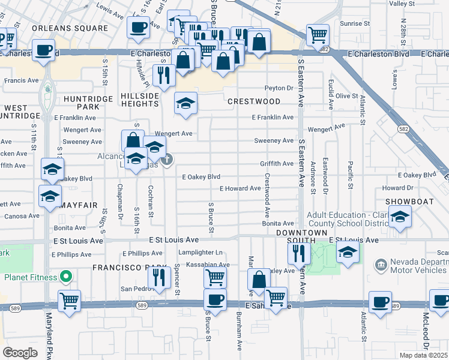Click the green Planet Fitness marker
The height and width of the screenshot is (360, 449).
pyautogui.click(x=67, y=277)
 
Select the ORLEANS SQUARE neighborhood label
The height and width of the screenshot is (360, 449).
pyautogui.click(x=70, y=28)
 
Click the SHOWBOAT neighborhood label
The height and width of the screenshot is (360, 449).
pyautogui.click(x=409, y=202)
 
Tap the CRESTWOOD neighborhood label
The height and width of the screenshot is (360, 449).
pyautogui.click(x=254, y=101)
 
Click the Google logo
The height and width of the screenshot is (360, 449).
pyautogui.click(x=20, y=352)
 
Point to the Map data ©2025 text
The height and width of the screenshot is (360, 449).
pyautogui.click(x=423, y=355)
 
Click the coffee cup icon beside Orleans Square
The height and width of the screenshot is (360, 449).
pyautogui.click(x=139, y=26)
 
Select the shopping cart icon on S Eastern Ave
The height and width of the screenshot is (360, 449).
pyautogui.click(x=318, y=34)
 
